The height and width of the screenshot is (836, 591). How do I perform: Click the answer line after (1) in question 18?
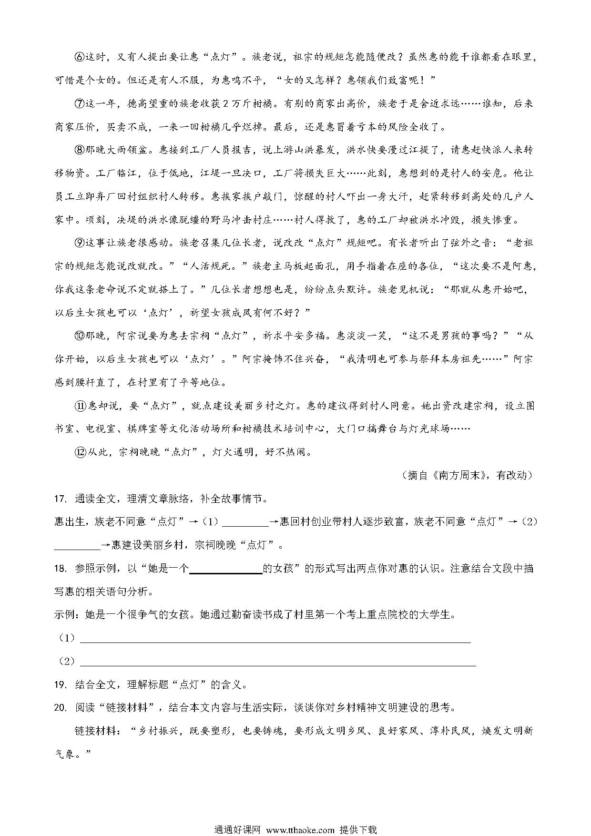[275, 639]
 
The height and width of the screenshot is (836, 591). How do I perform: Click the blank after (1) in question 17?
[245, 523]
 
